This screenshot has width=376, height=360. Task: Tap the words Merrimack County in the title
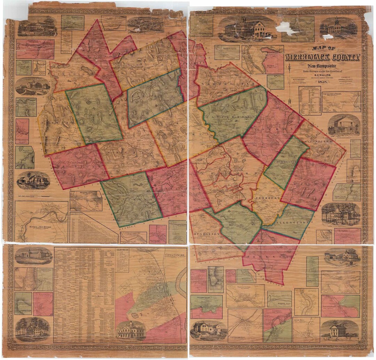(322, 57)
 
